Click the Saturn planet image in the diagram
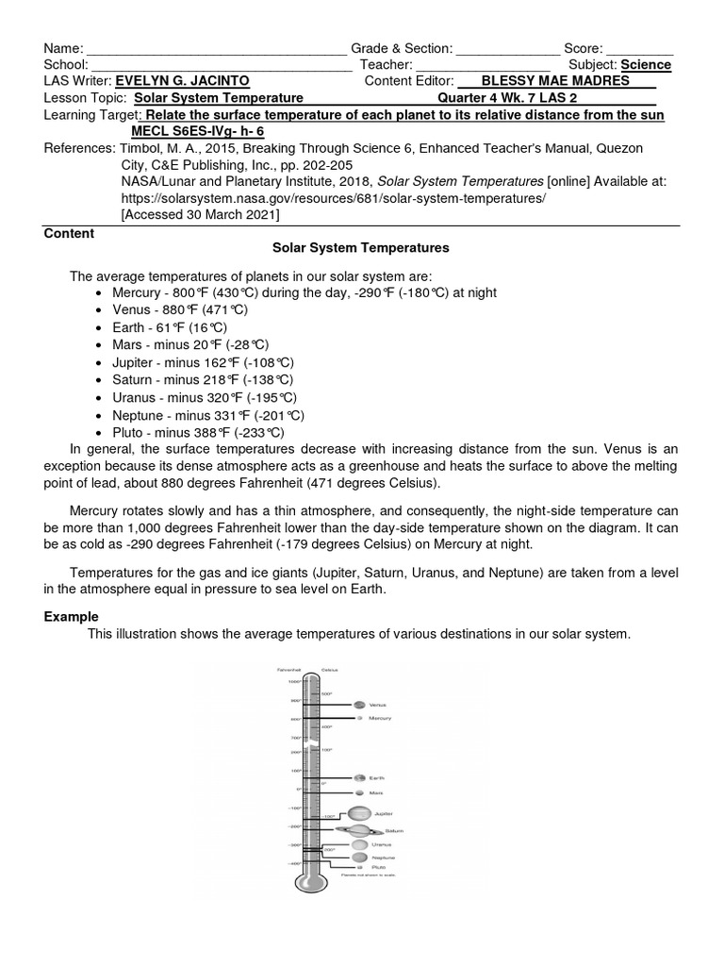pos(360,831)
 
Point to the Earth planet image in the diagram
pos(359,778)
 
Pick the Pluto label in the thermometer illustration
pos(378,866)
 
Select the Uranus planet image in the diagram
pos(359,845)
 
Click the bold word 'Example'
pos(72,617)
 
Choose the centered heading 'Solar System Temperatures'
pos(361,248)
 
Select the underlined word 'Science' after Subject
pos(647,65)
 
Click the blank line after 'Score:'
pos(639,48)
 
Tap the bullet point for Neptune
pos(101,415)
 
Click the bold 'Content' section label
pos(69,233)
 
